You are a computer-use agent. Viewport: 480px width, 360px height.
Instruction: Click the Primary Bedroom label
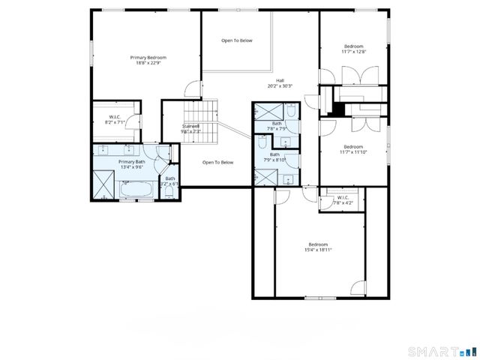click(x=148, y=58)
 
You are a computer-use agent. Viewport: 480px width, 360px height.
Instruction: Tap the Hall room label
click(x=280, y=80)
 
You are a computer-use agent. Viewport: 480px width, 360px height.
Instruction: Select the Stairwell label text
click(x=190, y=126)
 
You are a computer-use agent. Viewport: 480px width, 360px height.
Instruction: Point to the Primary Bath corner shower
click(x=101, y=184)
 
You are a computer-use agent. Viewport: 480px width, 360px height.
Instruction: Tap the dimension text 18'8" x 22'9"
click(x=148, y=64)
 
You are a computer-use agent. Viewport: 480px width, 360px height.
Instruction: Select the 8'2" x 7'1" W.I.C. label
click(x=115, y=122)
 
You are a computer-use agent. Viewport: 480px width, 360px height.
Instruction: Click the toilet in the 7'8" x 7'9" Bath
click(x=292, y=111)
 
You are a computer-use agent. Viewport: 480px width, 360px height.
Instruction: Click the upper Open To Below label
click(x=236, y=40)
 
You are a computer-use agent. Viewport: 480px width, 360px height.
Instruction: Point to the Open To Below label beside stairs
click(x=218, y=162)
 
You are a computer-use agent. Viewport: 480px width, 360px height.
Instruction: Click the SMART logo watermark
click(x=442, y=350)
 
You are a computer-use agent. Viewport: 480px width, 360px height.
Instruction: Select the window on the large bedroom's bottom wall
click(x=319, y=298)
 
